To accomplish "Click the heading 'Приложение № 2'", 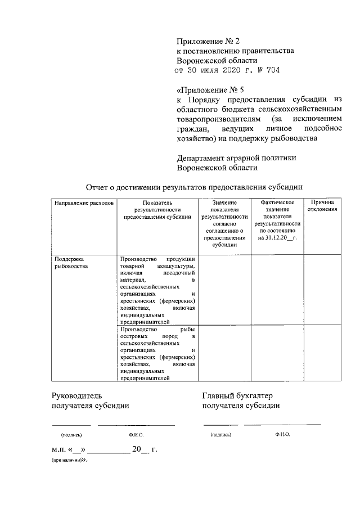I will (x=208, y=41).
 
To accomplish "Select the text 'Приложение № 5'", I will (x=210, y=89).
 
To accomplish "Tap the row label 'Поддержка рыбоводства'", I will (x=71, y=263).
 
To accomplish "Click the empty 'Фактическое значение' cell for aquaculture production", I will (x=277, y=290).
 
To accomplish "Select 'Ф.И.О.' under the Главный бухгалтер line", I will (x=283, y=435).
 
